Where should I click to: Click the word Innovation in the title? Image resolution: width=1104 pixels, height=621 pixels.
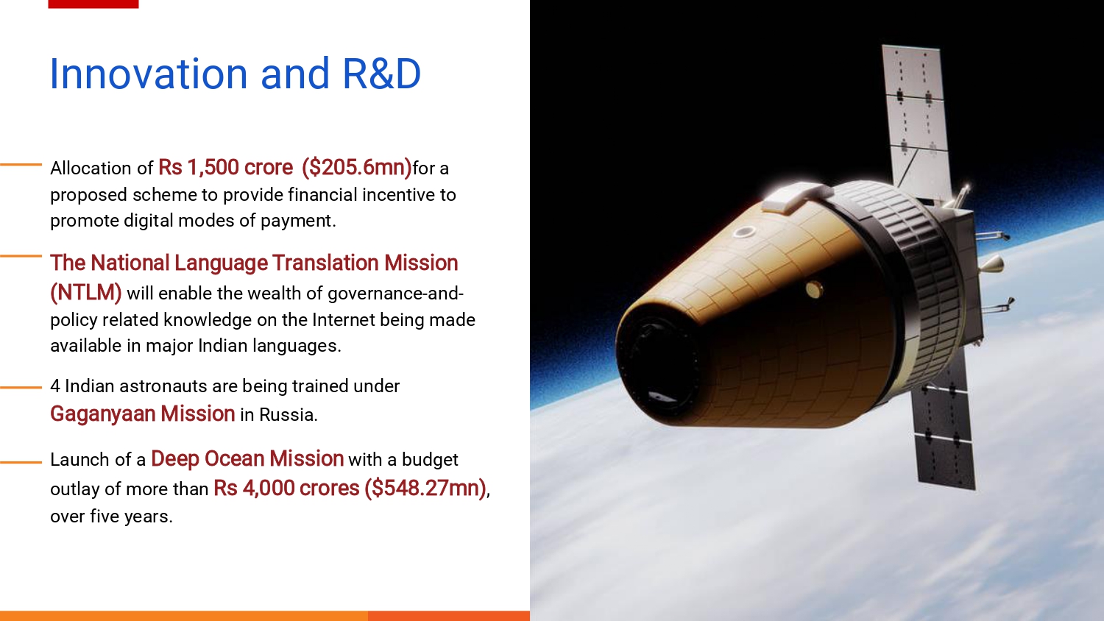(x=149, y=74)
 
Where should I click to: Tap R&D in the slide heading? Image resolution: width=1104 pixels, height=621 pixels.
(x=381, y=74)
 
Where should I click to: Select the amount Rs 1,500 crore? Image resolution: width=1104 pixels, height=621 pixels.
(x=226, y=168)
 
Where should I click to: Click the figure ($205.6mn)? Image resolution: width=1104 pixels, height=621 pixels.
(x=356, y=168)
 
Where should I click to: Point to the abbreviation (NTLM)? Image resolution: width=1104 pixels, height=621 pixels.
(x=86, y=293)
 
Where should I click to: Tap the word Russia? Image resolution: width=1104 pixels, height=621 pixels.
(x=289, y=414)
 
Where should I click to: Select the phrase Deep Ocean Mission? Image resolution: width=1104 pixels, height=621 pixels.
(x=247, y=459)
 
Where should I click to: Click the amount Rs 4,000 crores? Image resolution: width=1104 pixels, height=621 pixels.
(x=286, y=489)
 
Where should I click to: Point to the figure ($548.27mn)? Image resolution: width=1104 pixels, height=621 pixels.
(x=425, y=489)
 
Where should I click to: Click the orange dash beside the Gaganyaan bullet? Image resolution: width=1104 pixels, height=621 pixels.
(x=21, y=388)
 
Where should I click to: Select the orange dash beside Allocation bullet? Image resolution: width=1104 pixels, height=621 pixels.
(x=21, y=164)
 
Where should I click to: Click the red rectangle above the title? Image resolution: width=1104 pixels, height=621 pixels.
(x=93, y=4)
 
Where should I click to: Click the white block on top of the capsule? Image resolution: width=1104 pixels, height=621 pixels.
(x=793, y=197)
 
